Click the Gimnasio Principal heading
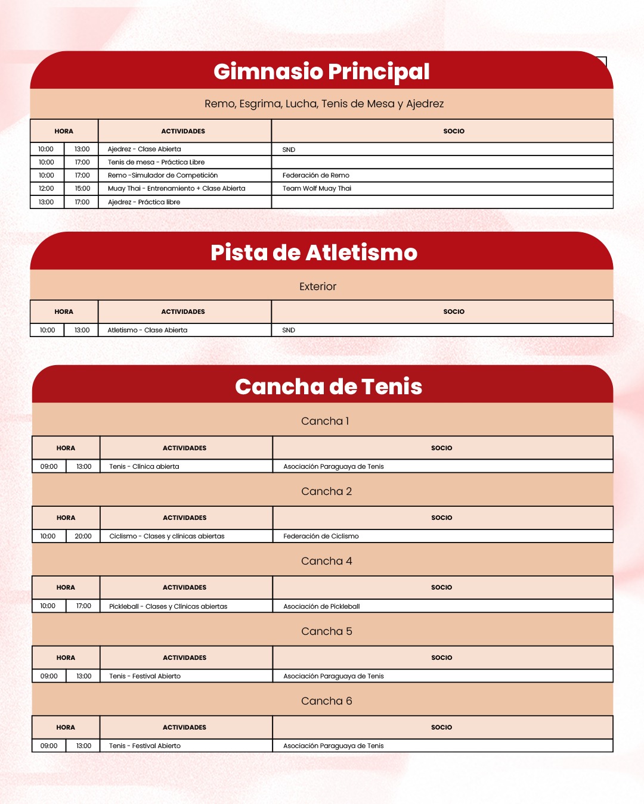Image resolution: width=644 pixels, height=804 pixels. tap(321, 71)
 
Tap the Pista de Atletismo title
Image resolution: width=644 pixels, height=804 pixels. tap(314, 253)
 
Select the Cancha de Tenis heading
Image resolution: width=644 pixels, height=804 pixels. tap(329, 387)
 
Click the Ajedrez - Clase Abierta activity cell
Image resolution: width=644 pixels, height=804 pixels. tap(144, 149)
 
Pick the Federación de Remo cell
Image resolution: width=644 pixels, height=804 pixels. tap(316, 176)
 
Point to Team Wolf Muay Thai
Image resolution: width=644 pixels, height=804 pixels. tap(317, 189)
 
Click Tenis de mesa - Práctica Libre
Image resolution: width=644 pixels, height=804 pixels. tap(156, 163)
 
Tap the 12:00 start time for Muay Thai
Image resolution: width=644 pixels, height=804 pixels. tap(47, 189)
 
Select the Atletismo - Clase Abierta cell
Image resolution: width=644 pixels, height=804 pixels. tap(147, 331)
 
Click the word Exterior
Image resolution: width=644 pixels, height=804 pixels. tap(318, 286)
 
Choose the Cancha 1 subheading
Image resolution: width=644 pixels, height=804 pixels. tap(325, 421)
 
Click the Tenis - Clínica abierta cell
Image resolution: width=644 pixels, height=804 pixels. tap(144, 467)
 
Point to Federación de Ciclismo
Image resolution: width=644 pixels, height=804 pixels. tap(321, 537)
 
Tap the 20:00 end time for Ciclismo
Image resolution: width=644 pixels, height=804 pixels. tap(83, 537)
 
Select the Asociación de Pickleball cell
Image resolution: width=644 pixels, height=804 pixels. tap(321, 607)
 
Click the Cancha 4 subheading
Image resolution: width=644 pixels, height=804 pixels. tap(326, 561)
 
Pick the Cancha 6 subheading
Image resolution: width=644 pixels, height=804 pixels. tap(326, 701)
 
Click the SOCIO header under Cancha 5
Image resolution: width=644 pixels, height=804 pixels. tap(442, 658)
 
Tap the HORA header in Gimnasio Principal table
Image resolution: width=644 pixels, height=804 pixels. tap(64, 132)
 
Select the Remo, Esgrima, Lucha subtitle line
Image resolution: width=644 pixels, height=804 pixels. tap(324, 104)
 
